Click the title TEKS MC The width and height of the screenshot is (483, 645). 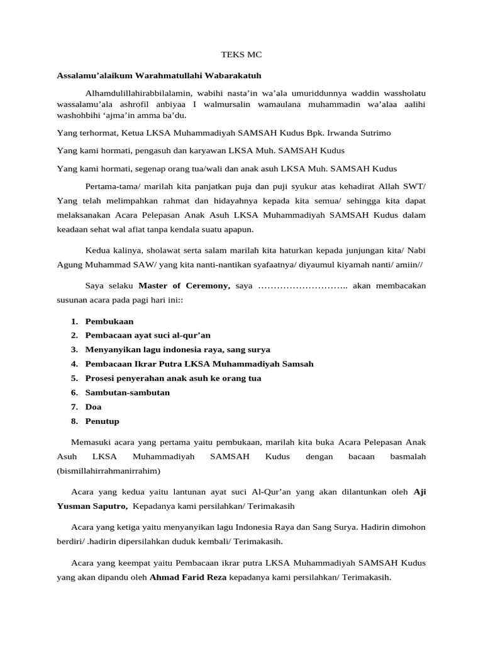pyautogui.click(x=241, y=55)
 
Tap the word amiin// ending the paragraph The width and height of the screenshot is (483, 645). pyautogui.click(x=408, y=265)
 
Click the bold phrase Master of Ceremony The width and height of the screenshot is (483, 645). pyautogui.click(x=184, y=285)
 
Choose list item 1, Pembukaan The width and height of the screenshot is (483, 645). pyautogui.click(x=109, y=321)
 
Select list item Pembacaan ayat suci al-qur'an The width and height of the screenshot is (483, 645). pyautogui.click(x=148, y=335)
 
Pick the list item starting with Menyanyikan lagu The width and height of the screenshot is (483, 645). pyautogui.click(x=177, y=349)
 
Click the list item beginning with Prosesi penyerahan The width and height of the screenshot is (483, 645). pyautogui.click(x=173, y=378)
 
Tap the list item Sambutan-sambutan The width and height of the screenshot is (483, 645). pyautogui.click(x=128, y=392)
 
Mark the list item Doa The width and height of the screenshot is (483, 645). pyautogui.click(x=94, y=407)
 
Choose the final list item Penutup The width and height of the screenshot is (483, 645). pyautogui.click(x=102, y=421)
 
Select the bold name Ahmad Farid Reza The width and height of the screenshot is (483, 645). pyautogui.click(x=188, y=576)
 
